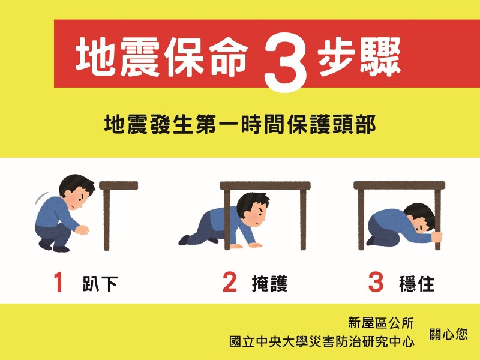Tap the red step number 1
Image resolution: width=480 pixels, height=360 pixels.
coord(58,282)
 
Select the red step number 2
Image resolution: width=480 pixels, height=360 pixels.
coord(230,282)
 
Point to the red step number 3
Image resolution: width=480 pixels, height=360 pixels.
coord(376,282)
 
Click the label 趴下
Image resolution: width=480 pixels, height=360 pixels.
coord(100,283)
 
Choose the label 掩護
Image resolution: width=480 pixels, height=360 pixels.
coord(269,283)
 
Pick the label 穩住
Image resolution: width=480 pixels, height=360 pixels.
coord(416,283)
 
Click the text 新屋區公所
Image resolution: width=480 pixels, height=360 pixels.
coord(381,323)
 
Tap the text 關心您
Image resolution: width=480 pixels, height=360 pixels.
coord(448,334)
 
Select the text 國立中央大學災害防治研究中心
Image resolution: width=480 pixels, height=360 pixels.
coord(322,341)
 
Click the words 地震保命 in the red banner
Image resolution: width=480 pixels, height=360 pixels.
coord(161,57)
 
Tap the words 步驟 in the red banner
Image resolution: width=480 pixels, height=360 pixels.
coord(359,57)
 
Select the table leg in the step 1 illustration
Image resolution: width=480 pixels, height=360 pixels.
coord(107,220)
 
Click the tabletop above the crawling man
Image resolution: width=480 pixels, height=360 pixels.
coord(265,185)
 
